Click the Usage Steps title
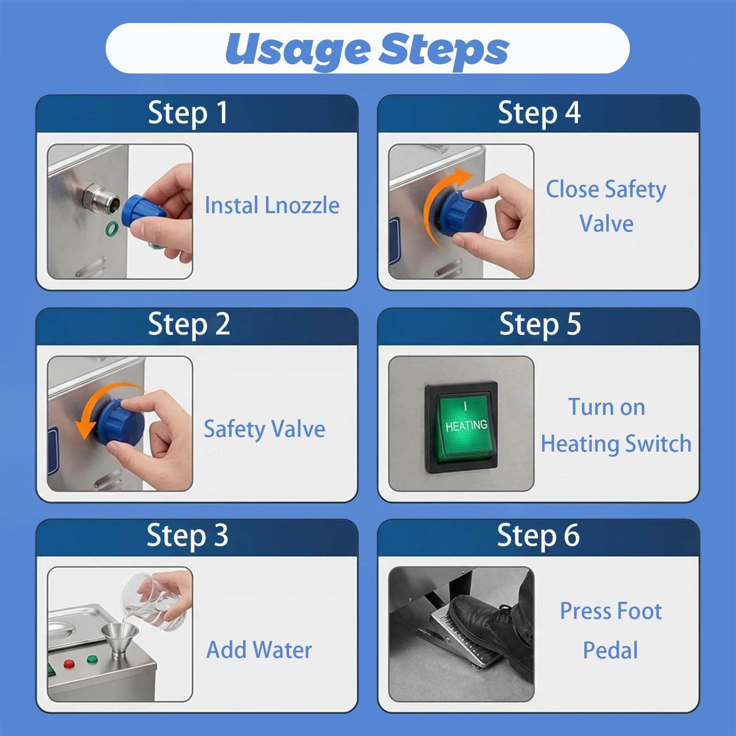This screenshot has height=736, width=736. coord(367,50)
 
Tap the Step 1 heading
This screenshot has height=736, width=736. coord(188,113)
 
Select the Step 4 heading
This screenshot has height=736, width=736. coord(539,113)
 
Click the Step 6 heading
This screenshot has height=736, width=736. coord(538,536)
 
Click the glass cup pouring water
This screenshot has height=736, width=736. coord(156,597)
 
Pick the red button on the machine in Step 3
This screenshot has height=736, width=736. coord(69,664)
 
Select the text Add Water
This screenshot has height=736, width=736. coord(259,650)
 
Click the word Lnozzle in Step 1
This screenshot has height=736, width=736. coord(302,205)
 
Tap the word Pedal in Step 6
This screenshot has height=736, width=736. coord(611,650)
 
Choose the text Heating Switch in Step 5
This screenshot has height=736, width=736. coord(616,444)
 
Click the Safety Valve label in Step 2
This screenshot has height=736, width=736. coord(265,429)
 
